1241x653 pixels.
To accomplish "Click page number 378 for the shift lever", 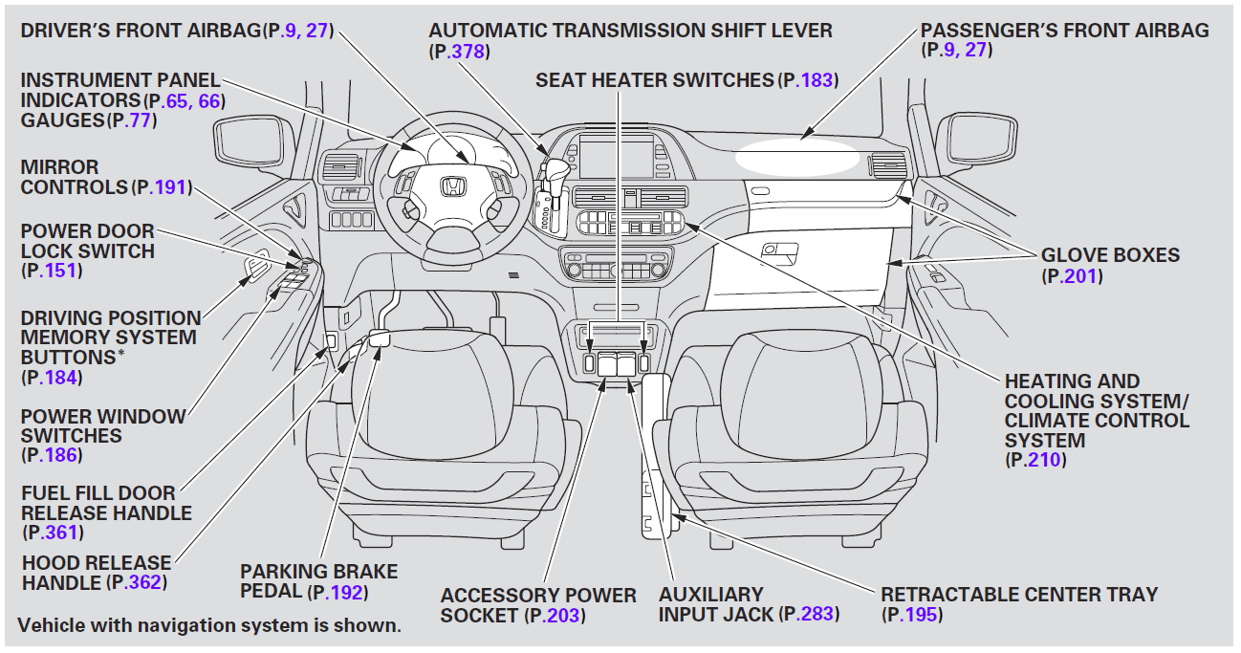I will [468, 52].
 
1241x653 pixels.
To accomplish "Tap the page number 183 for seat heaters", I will [817, 80].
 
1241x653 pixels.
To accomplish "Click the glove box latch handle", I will [781, 250].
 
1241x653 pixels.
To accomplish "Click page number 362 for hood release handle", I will [145, 582].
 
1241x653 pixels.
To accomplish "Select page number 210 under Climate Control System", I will [1044, 460].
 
